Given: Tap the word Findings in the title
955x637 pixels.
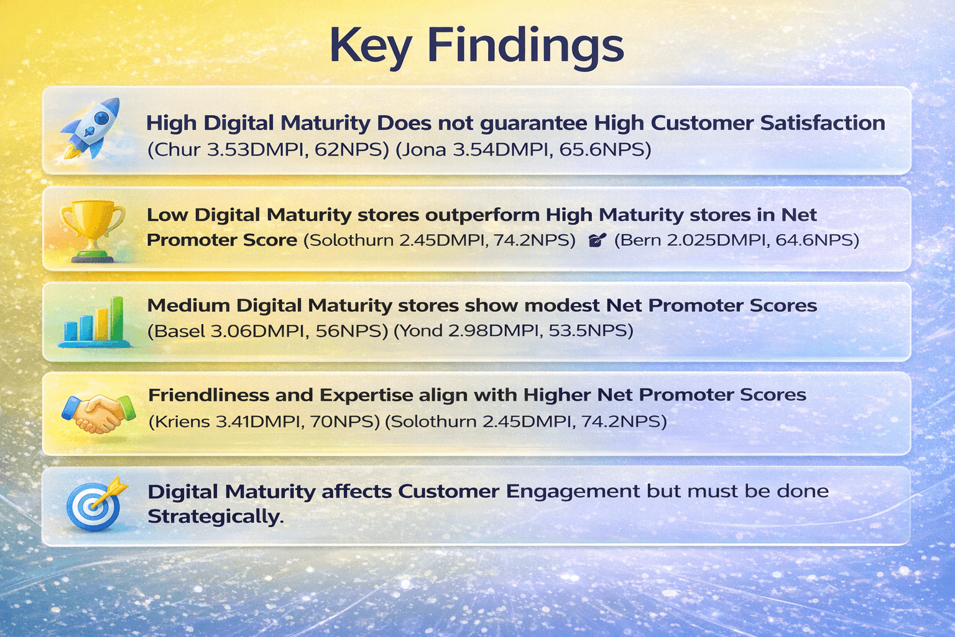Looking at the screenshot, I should pos(525,45).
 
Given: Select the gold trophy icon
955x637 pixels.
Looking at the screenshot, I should pos(91,228).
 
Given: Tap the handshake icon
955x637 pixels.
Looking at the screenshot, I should pos(99,413).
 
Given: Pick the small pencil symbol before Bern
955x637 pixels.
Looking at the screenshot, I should pos(596,240).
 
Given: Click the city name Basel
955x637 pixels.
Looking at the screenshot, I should pos(179,331).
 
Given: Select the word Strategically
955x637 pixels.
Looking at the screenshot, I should pos(215,517).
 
